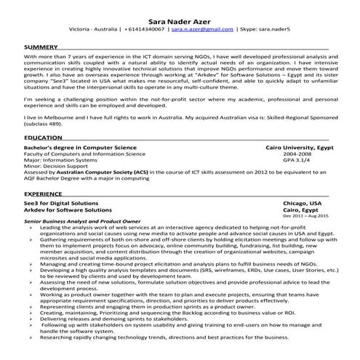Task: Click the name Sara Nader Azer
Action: (180, 22)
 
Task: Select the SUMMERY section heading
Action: (41, 47)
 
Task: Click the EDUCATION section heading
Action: (43, 137)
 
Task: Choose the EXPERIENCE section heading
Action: (44, 194)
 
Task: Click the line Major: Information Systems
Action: (60, 161)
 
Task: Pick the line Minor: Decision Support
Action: (57, 168)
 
